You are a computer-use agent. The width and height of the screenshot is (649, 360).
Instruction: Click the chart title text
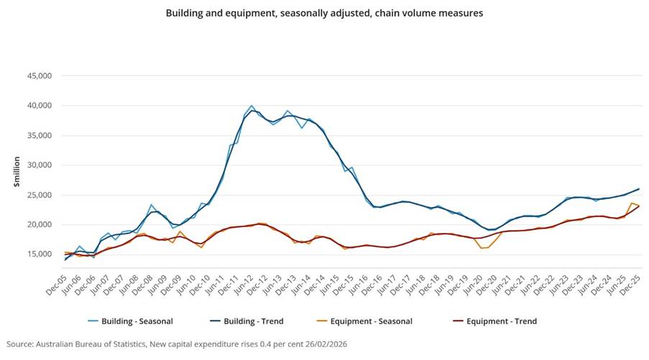(x=324, y=13)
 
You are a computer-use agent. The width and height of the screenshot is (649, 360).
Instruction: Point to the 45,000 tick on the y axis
(x=39, y=75)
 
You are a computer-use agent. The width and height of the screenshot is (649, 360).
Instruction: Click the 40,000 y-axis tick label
(x=39, y=106)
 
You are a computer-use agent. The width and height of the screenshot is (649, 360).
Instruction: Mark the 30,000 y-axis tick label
(x=39, y=165)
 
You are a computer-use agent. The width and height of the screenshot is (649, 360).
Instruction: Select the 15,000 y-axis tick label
(x=39, y=254)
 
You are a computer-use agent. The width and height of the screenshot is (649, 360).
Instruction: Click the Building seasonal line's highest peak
(x=252, y=106)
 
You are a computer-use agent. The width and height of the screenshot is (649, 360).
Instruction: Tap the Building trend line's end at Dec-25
(x=639, y=189)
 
